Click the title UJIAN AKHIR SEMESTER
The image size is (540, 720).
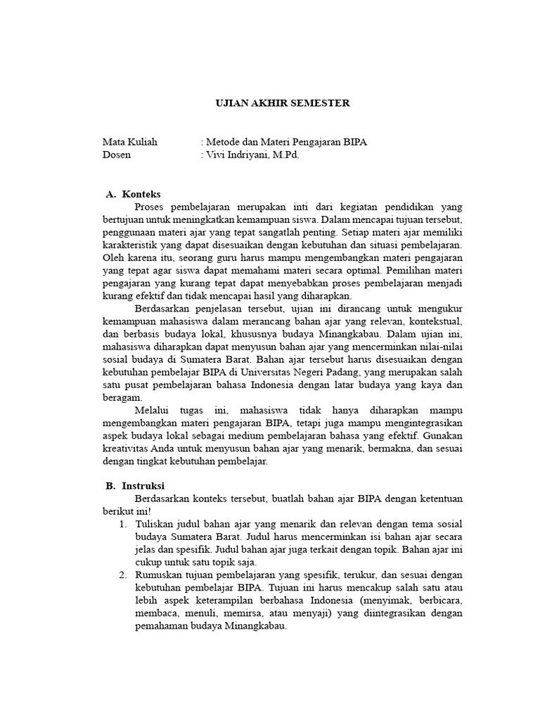click(281, 103)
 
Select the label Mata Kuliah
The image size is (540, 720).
click(129, 142)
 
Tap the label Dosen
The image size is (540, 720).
click(116, 155)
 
